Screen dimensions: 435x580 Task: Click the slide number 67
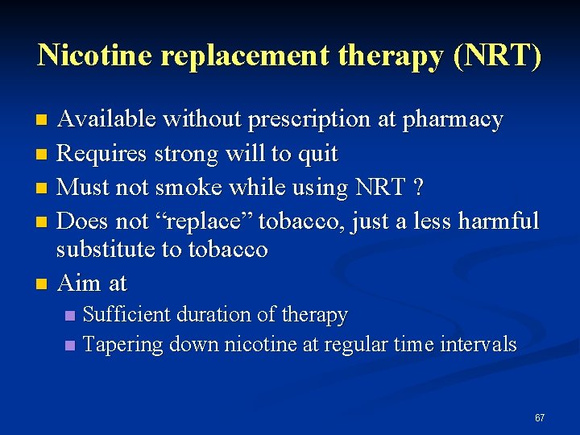[540, 418]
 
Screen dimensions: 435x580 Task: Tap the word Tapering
[122, 345]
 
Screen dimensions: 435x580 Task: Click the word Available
[109, 120]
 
